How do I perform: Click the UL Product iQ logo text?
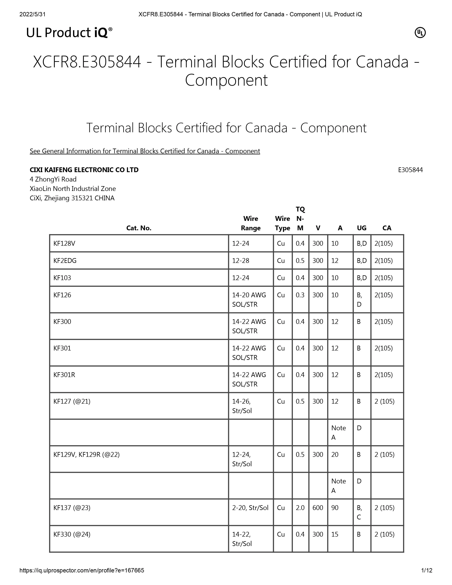69,33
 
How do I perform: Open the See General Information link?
145,151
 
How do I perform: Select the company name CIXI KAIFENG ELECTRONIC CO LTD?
84,170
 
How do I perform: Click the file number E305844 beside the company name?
410,170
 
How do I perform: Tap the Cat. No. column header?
139,228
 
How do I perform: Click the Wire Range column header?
251,223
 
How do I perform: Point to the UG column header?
361,228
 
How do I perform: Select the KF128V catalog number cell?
64,243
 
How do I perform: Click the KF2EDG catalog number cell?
65,260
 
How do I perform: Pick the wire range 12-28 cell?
241,260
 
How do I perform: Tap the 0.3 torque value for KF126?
300,295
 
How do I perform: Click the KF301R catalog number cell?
64,375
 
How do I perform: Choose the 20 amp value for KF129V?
335,455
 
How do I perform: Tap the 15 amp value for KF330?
335,534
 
